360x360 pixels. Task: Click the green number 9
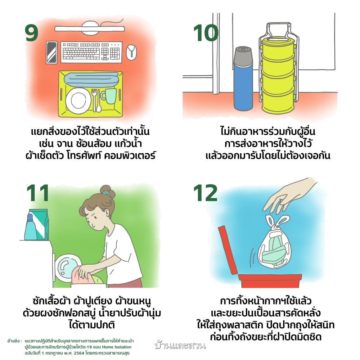pos(31,33)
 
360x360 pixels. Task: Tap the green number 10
pos(206,33)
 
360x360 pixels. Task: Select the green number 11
pos(38,193)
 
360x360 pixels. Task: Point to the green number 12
pos(205,193)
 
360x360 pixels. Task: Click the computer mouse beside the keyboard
pos(131,52)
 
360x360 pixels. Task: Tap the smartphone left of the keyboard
pos(51,53)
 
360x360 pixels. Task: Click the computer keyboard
pos(91,52)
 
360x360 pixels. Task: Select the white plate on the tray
pos(78,100)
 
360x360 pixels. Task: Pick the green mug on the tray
pos(109,96)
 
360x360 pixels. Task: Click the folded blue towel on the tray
pos(91,78)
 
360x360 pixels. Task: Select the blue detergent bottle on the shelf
pos(31,227)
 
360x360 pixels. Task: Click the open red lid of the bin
pos(228,250)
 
